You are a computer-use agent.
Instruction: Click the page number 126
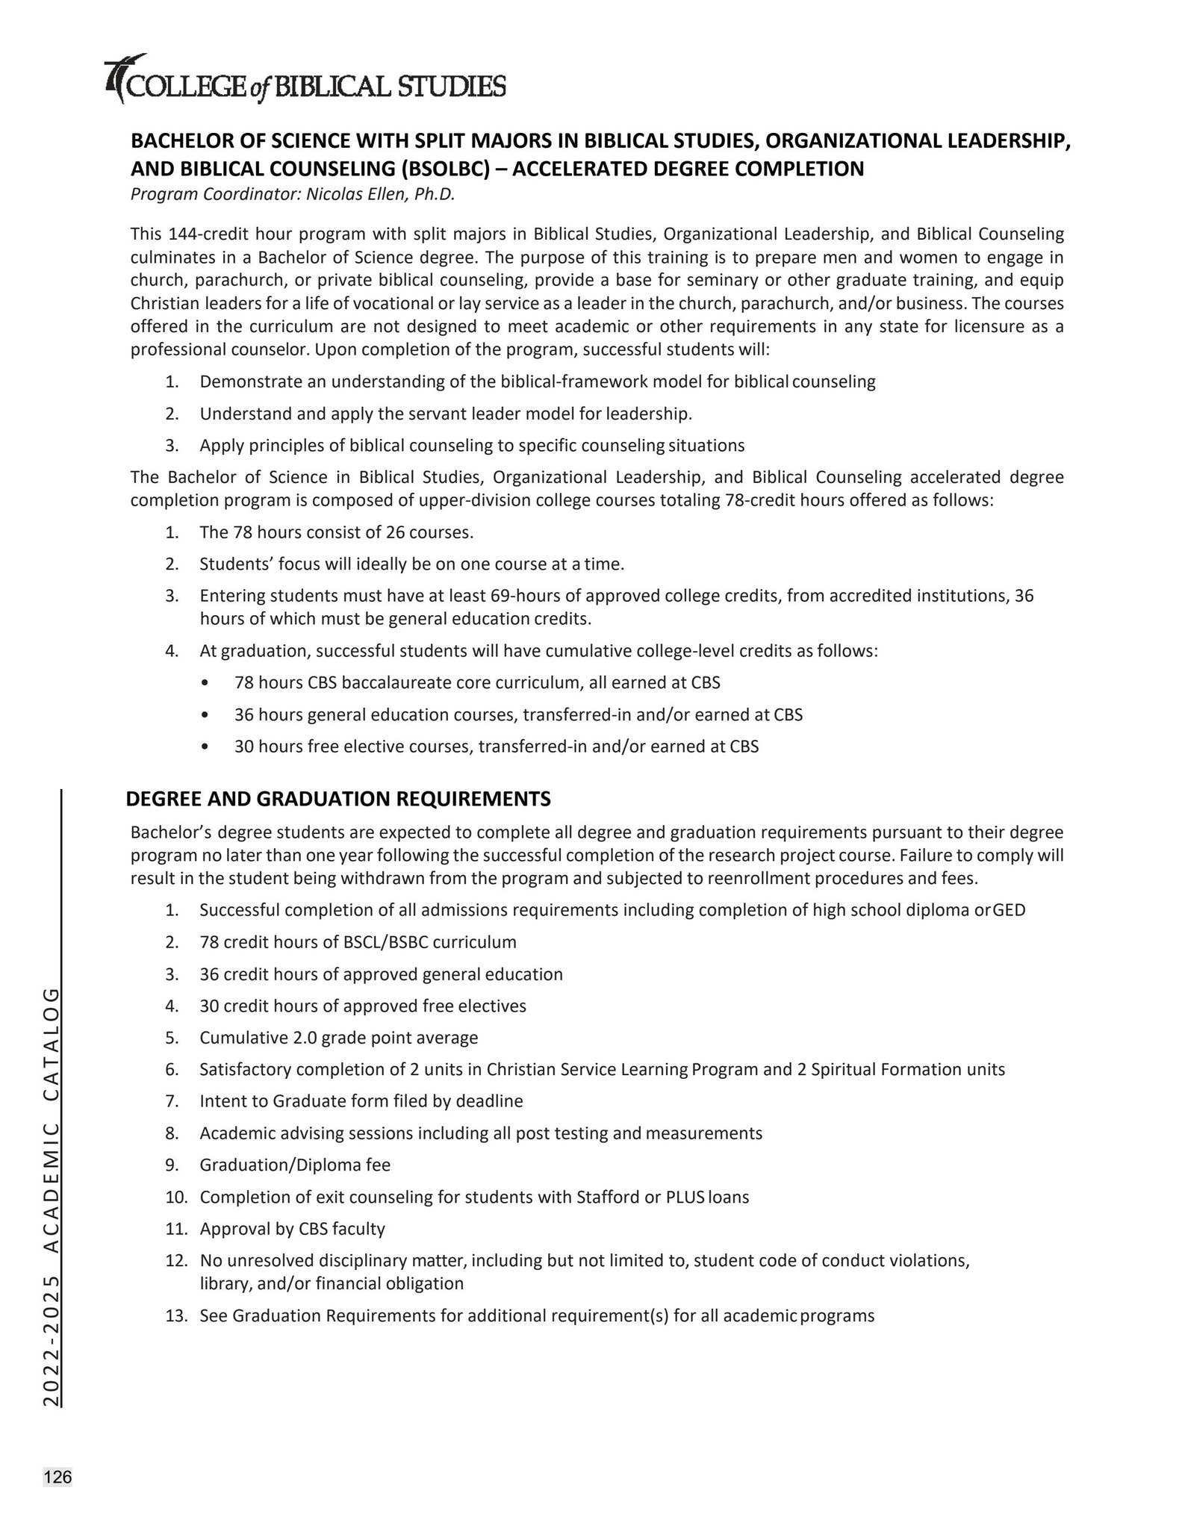pos(57,1477)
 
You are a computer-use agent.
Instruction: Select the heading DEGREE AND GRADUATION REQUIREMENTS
pos(338,799)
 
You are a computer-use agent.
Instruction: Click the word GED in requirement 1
pos(1009,910)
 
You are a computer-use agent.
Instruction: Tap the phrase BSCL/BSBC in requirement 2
pos(385,942)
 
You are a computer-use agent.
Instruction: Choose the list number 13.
pos(175,1315)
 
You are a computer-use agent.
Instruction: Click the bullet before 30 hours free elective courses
pos(205,747)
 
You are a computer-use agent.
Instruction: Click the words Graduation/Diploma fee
pos(295,1165)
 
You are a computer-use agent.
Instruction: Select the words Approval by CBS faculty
pos(292,1229)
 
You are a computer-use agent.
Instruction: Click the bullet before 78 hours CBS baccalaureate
pos(205,682)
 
